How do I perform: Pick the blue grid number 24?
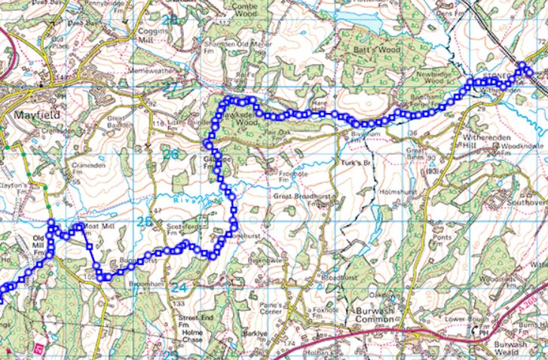178,288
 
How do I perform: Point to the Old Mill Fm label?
39,249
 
